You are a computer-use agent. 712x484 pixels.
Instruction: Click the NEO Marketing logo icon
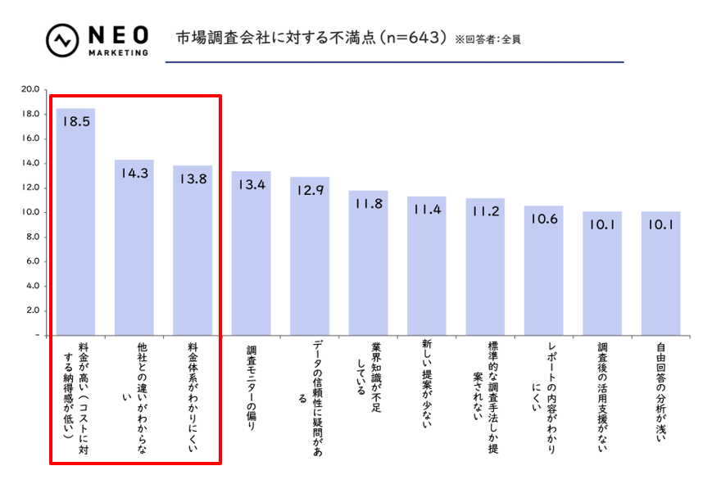click(x=62, y=41)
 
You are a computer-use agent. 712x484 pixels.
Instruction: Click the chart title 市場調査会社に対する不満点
click(x=311, y=38)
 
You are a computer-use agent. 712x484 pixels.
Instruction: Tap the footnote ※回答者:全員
click(x=488, y=39)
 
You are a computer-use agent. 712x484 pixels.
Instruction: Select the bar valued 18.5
click(x=75, y=221)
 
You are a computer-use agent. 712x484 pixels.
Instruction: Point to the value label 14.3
click(x=134, y=173)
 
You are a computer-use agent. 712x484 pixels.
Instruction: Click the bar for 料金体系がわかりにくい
click(x=193, y=250)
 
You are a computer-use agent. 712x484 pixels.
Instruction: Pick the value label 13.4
click(x=251, y=185)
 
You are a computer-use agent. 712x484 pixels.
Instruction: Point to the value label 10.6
click(x=544, y=219)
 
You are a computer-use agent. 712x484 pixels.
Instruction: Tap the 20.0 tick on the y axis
click(x=30, y=89)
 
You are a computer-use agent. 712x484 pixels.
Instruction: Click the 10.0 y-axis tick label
click(x=30, y=212)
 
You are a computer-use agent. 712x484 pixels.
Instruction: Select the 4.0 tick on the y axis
click(x=33, y=286)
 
